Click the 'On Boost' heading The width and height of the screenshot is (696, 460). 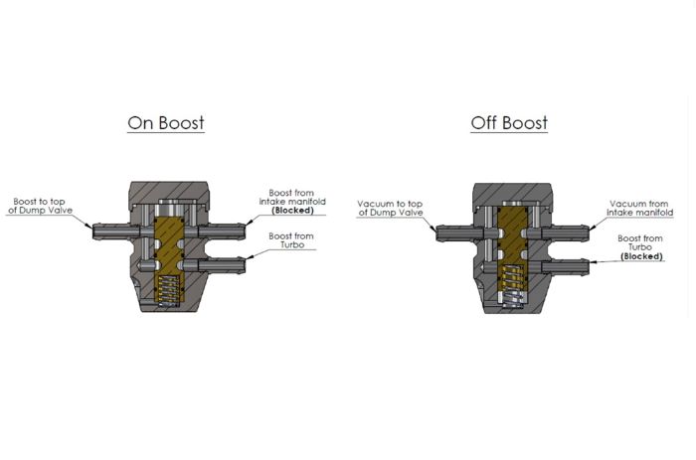click(166, 123)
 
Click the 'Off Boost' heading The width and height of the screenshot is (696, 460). click(509, 123)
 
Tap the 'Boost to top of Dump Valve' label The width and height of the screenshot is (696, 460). click(40, 206)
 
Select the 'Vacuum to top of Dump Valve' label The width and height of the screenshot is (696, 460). click(390, 208)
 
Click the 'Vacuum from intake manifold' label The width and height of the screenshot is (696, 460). click(639, 208)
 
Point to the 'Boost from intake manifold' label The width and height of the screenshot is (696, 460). click(292, 197)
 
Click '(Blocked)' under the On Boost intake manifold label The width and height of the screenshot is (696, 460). click(292, 211)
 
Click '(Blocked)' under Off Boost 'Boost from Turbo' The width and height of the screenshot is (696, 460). click(641, 256)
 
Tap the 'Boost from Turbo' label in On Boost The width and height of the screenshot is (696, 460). click(291, 240)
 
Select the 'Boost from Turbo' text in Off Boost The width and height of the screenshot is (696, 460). click(640, 242)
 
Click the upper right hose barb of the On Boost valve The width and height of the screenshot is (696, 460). click(222, 231)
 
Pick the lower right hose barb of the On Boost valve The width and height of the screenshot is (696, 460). click(222, 265)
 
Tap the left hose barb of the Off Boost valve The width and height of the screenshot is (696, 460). click(459, 233)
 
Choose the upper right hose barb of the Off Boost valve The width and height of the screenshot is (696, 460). click(566, 233)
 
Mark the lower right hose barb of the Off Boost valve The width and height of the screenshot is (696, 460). click(566, 267)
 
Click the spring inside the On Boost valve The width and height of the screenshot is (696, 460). click(169, 290)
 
